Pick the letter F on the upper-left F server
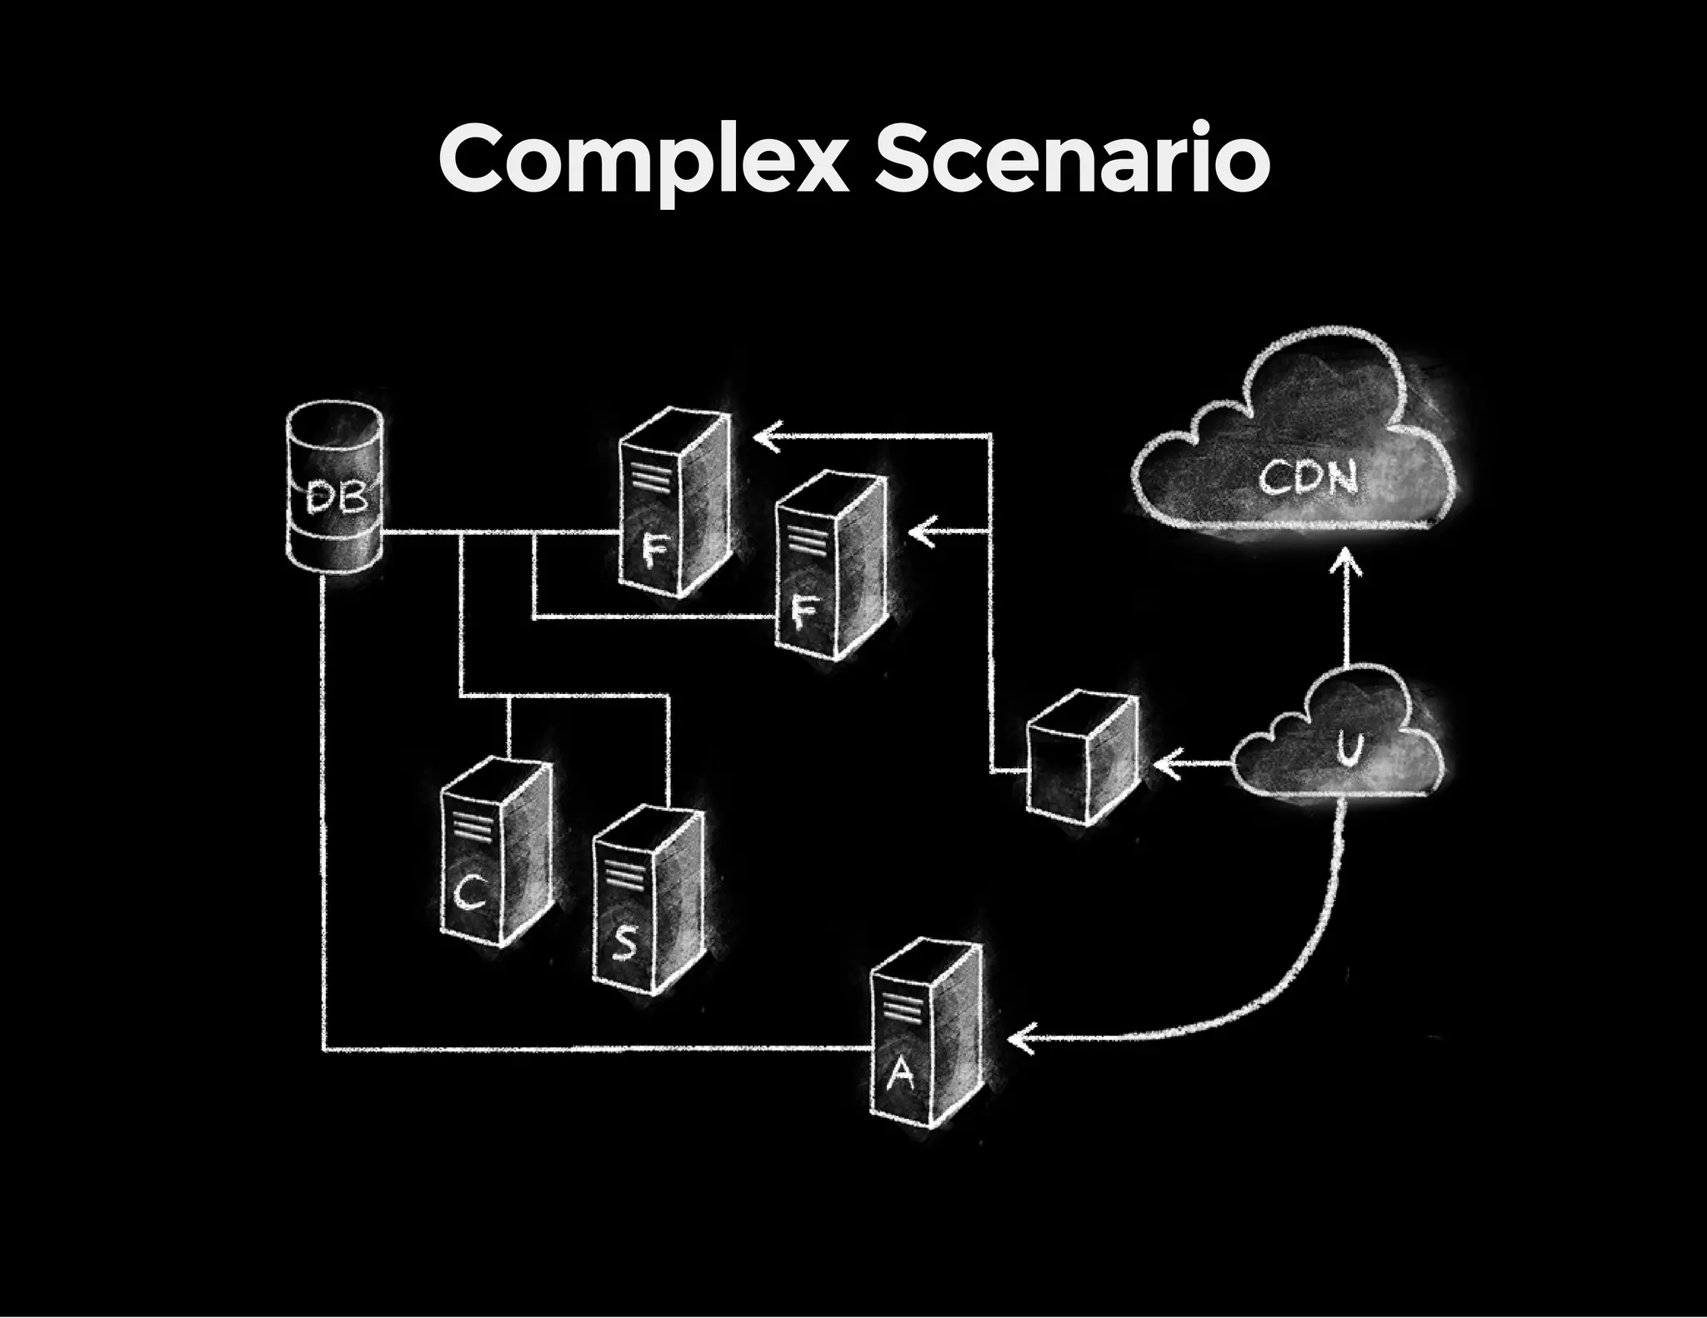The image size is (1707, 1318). [654, 550]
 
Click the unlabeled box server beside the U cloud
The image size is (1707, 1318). [1081, 758]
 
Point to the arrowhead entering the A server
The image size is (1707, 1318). [1019, 1040]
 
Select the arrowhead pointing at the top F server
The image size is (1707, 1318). [765, 435]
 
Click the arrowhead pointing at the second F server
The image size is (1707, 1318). [920, 531]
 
